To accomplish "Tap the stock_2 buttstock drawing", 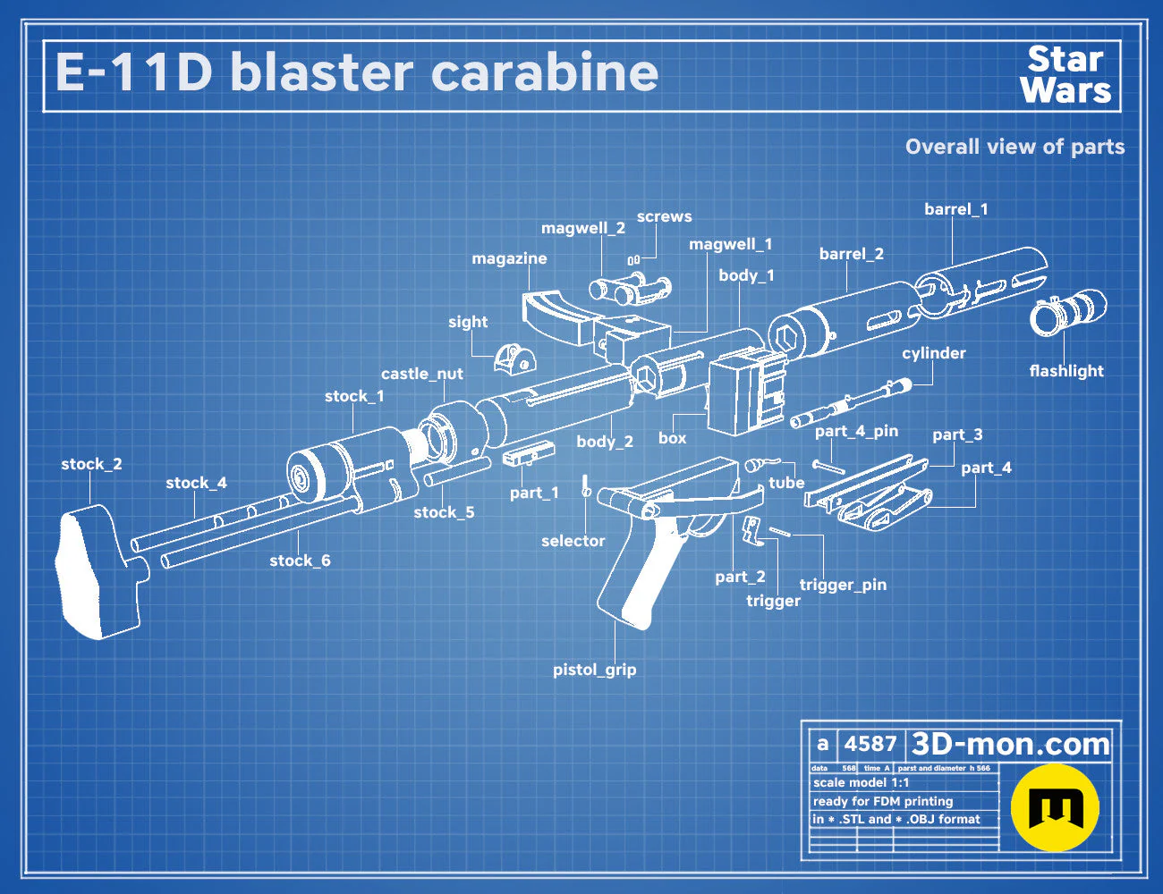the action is tap(99, 572).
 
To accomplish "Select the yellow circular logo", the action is tap(1055, 807).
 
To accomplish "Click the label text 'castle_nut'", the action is tap(421, 374).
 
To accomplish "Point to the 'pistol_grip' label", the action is tap(594, 670).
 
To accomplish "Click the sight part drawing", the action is tap(514, 358).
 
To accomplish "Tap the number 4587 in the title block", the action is tap(870, 744).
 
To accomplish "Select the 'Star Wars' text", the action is tap(1065, 75).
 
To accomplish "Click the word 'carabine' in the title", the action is tap(544, 72).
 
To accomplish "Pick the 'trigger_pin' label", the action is tap(843, 585).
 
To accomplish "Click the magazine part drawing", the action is tap(556, 316).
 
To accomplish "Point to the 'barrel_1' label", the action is tap(955, 209).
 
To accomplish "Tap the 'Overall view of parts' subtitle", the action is tap(1014, 147).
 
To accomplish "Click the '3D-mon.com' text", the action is tap(1010, 744).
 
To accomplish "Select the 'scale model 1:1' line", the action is tap(861, 783).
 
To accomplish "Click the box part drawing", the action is tap(747, 392).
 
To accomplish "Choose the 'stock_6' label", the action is tap(300, 561).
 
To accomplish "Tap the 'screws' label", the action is tap(664, 216).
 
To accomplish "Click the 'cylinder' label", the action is tap(934, 353).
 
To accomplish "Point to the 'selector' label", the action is tap(573, 541).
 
